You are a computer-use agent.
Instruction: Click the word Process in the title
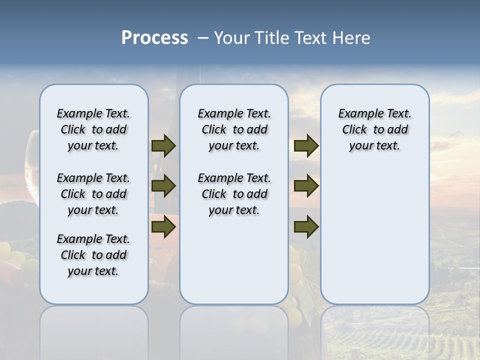(x=154, y=38)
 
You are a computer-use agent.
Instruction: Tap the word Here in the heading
(x=351, y=38)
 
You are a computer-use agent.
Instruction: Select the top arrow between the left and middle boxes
(x=163, y=146)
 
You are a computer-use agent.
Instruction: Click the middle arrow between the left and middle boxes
(x=163, y=186)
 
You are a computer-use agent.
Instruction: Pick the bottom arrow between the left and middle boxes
(x=163, y=227)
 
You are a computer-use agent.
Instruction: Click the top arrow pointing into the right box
(x=306, y=146)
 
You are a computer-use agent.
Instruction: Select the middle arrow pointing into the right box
(x=306, y=186)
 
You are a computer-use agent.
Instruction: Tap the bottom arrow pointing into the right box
(x=306, y=227)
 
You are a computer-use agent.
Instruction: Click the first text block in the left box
(x=93, y=129)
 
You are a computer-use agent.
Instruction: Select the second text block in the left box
(x=93, y=194)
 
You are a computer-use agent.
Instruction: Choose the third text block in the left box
(x=93, y=255)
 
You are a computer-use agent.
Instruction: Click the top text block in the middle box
(x=234, y=129)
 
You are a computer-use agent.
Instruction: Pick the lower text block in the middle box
(x=234, y=194)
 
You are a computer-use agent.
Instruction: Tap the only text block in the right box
(x=374, y=129)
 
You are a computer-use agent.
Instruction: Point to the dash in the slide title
(x=202, y=38)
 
